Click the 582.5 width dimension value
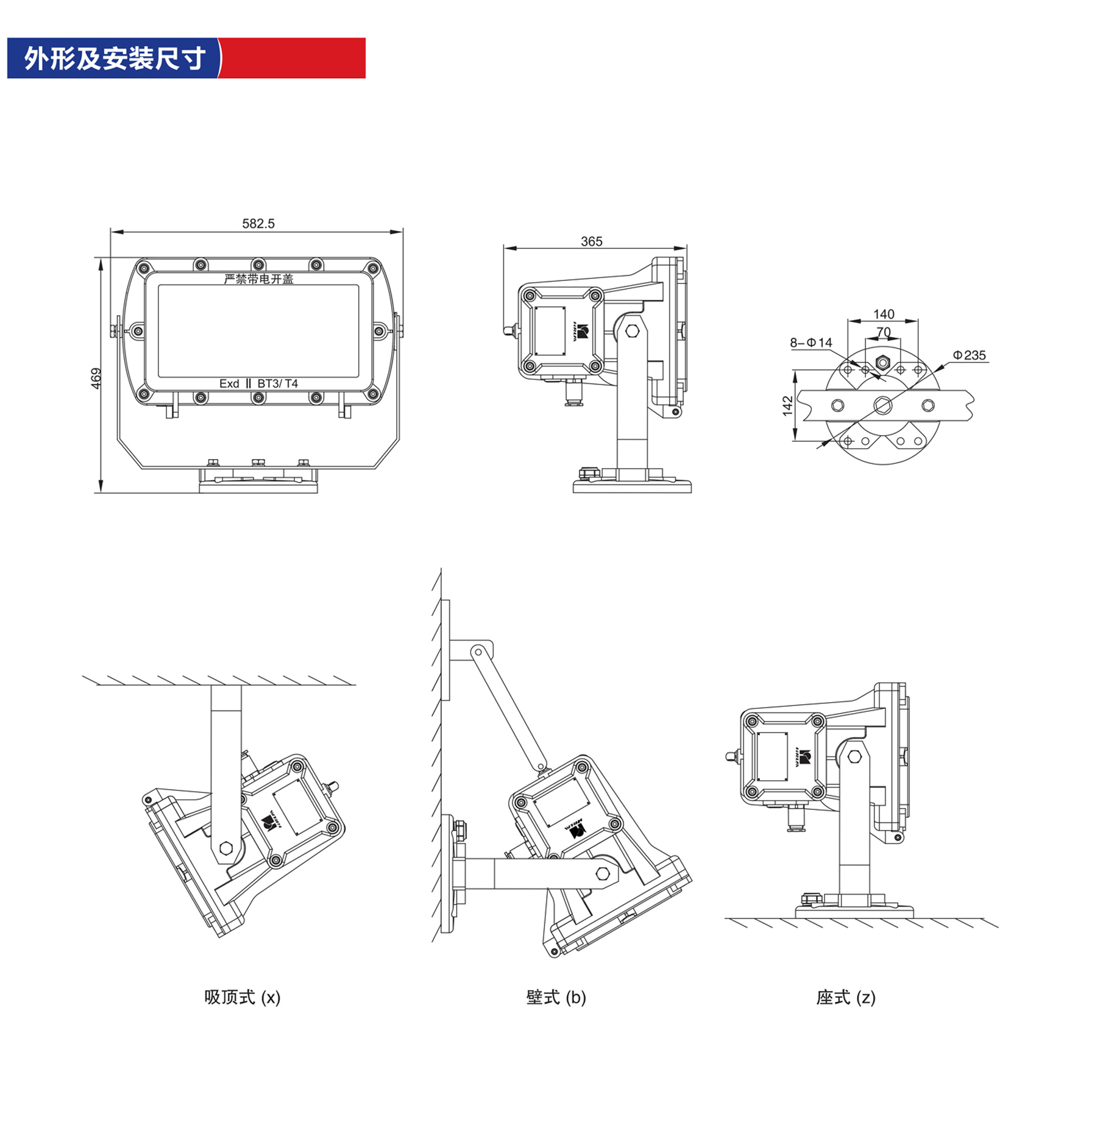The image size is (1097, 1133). coord(258,224)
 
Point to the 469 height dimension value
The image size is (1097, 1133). coord(96,378)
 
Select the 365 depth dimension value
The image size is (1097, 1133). coord(591,241)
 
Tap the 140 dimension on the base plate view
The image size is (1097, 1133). coord(883,314)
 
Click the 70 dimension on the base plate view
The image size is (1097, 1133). coord(883,332)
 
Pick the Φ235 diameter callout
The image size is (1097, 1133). coord(969,355)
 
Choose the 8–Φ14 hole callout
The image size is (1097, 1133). coord(811,343)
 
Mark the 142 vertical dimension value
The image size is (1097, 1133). coord(787,406)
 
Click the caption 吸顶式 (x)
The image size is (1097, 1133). coord(242,997)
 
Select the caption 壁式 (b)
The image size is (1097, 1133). coord(556,997)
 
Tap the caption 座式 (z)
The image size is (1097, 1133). coord(845,997)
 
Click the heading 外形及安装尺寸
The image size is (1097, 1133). coord(114,59)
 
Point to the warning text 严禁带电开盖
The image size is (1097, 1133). coord(258,279)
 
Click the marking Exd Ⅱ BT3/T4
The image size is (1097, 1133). coord(258,383)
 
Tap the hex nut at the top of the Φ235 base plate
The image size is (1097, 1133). coord(882,363)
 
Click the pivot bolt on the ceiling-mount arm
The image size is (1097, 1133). coord(225,848)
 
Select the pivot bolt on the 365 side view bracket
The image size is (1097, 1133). coord(632,331)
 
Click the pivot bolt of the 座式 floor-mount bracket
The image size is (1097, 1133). coord(854,756)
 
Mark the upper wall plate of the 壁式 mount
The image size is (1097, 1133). coord(446,650)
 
